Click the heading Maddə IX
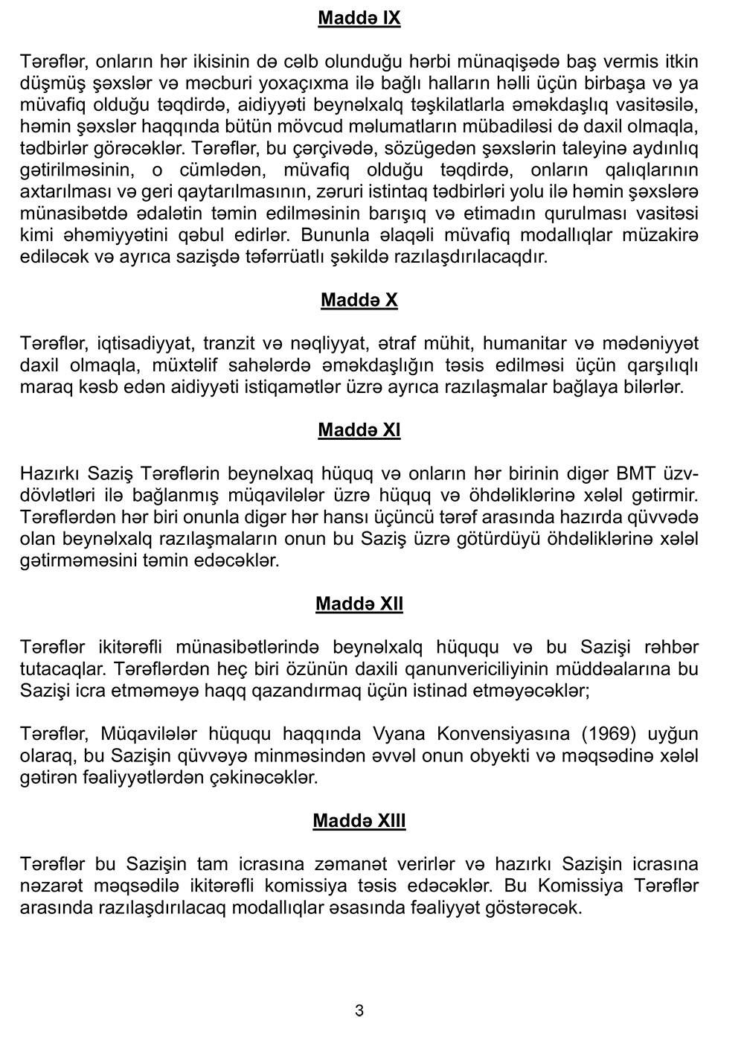pos(359,18)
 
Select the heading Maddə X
pos(359,300)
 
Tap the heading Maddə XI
pos(359,430)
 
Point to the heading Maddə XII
pos(359,604)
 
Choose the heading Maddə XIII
pos(359,821)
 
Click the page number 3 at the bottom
pos(359,1011)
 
